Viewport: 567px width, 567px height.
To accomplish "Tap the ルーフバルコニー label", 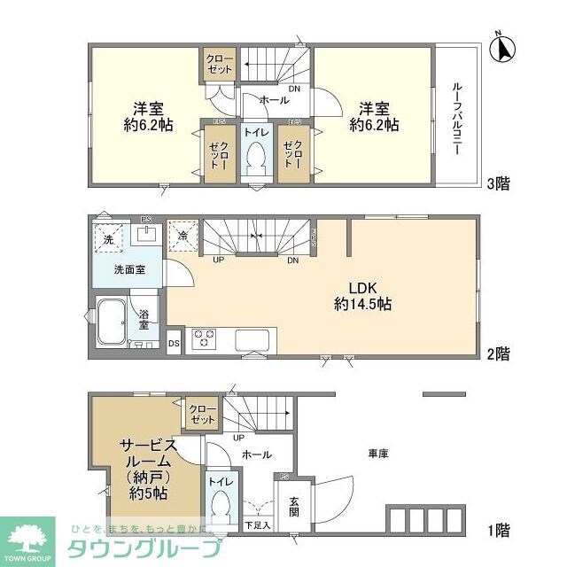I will point(456,119).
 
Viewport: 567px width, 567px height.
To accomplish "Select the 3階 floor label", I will point(496,185).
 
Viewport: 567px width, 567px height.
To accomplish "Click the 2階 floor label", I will point(496,353).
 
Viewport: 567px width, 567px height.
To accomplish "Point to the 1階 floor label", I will point(496,531).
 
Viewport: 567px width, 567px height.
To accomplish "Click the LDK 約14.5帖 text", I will point(362,295).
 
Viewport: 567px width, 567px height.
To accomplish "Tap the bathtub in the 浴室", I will point(112,320).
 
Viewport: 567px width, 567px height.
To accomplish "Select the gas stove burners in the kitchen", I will point(206,339).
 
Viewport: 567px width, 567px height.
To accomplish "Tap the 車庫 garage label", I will point(378,454).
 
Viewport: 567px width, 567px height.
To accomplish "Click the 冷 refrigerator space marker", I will point(183,236).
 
